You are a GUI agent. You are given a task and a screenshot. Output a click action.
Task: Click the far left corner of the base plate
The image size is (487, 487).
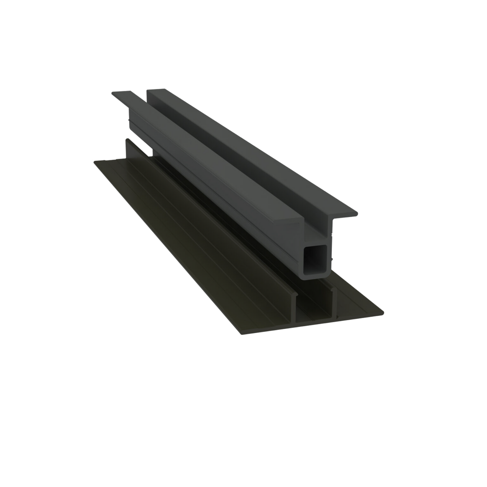point(95,160)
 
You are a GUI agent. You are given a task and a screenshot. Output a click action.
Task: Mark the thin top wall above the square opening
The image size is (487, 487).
point(317,244)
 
